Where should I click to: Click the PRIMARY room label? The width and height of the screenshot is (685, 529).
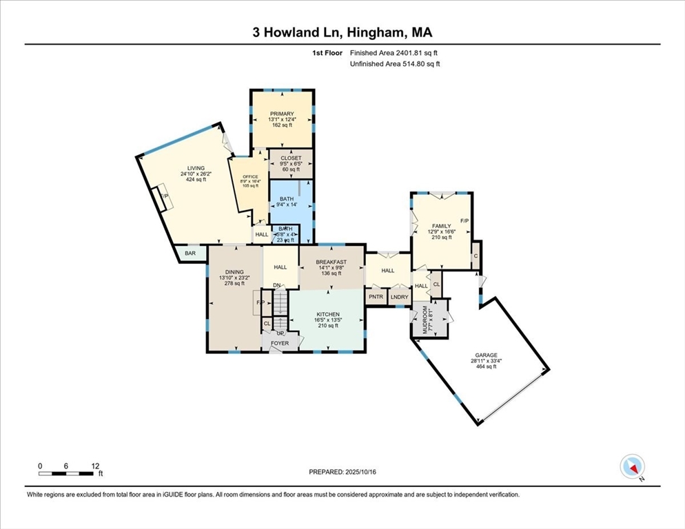[x=282, y=114]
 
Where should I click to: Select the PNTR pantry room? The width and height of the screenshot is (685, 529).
[x=376, y=297]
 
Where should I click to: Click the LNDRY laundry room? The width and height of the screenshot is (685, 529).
[x=399, y=297]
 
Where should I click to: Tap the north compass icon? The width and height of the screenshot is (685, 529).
[x=631, y=467]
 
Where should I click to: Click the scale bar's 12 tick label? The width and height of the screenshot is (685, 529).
[x=94, y=466]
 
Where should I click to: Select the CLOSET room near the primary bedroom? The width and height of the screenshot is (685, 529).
[x=290, y=158]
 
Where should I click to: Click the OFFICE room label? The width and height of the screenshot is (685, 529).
[x=249, y=177]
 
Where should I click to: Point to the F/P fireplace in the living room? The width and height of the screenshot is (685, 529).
[x=165, y=196]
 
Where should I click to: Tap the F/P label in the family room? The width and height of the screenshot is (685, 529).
[x=464, y=221]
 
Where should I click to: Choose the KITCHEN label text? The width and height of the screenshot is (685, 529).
[x=328, y=314]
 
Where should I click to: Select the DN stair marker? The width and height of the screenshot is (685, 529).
[x=277, y=285]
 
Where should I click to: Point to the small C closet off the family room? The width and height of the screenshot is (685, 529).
[x=476, y=256]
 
